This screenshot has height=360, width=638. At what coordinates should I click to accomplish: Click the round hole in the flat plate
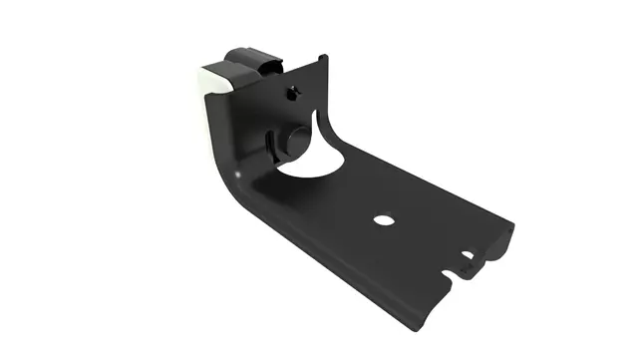coord(380,219)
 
